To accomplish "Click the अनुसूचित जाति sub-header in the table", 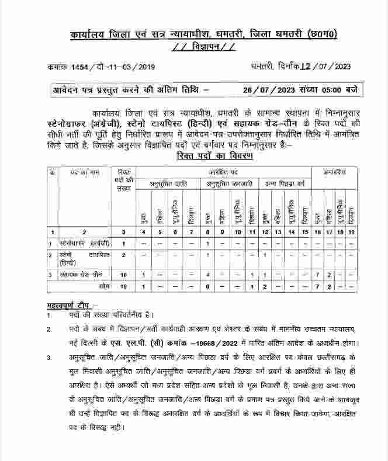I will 167,183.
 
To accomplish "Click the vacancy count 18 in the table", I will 123,274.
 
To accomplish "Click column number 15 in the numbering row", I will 304,233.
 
